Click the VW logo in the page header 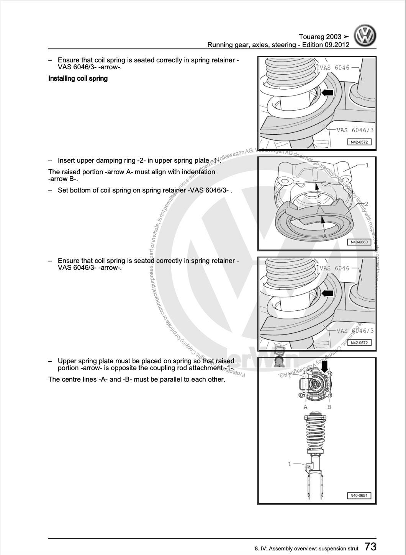(365, 36)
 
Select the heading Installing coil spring (78, 78)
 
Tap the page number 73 (370, 547)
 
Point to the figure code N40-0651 (359, 496)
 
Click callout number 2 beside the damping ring (367, 204)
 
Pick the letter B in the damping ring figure (318, 202)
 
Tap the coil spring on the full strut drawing (315, 433)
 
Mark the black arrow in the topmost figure (327, 92)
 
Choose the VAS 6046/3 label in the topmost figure (355, 130)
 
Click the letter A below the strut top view (306, 407)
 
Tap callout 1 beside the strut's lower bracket (290, 464)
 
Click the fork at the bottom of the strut (315, 486)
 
